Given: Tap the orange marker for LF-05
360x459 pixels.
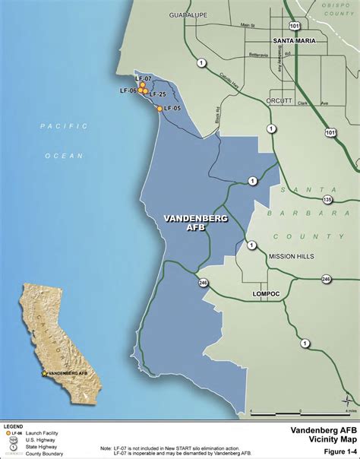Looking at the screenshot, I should pos(159,109).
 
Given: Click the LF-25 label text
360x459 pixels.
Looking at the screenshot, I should pos(159,94).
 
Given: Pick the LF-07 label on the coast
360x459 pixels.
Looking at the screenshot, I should pos(143,79).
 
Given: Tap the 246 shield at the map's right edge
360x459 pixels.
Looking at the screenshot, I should pos(326,279).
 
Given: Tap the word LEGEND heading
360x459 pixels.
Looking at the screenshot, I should pos(14,426).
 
